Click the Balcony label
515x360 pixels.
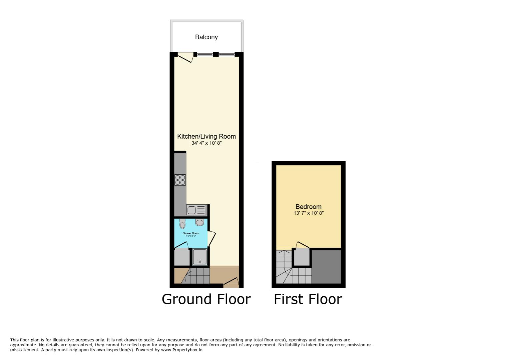[206, 37]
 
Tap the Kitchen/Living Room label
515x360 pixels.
[206, 136]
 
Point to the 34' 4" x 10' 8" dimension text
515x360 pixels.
[206, 143]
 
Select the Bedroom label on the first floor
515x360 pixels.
[308, 207]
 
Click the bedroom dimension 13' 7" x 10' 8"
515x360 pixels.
[309, 213]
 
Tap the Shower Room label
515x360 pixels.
[191, 233]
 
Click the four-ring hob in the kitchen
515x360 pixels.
[180, 180]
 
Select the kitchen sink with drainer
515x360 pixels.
[196, 210]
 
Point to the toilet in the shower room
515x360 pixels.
[182, 224]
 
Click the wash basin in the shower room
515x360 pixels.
[199, 222]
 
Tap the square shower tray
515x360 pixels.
[199, 257]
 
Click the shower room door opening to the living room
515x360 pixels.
[211, 238]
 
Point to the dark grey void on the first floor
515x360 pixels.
[326, 266]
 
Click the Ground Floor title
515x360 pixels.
[206, 299]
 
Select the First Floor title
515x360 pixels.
[308, 299]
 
